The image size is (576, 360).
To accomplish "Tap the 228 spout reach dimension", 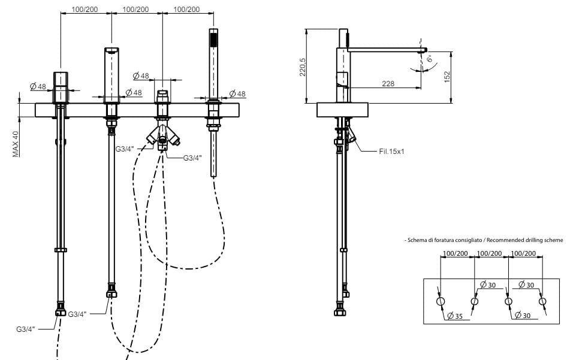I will pyautogui.click(x=388, y=84).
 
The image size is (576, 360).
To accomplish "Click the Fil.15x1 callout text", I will pyautogui.click(x=392, y=152).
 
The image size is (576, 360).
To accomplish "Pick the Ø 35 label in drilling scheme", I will pyautogui.click(x=455, y=316).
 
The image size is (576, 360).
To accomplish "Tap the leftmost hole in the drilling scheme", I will pyautogui.click(x=441, y=301).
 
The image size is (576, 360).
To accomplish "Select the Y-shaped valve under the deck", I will pyautogui.click(x=162, y=137).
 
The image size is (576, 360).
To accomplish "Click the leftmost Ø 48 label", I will pyautogui.click(x=38, y=87).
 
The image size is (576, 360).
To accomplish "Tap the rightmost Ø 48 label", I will pyautogui.click(x=237, y=94).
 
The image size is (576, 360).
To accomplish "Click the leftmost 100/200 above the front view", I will pyautogui.click(x=86, y=10).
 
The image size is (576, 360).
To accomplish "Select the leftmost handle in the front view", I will pyautogui.click(x=61, y=87).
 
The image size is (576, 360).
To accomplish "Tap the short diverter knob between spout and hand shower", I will pyautogui.click(x=162, y=96).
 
